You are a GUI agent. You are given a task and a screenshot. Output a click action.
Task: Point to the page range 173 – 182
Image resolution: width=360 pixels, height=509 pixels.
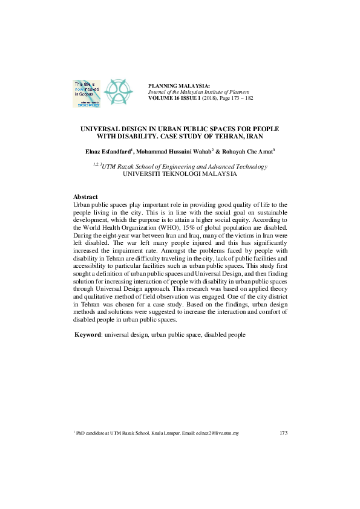238,97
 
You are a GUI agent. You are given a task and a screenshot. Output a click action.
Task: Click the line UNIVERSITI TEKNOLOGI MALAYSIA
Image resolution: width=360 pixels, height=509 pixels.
180,173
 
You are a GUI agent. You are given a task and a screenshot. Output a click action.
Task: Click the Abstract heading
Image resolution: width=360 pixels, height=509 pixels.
85,197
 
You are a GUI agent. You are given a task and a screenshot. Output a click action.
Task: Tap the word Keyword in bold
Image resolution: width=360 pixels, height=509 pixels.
87,335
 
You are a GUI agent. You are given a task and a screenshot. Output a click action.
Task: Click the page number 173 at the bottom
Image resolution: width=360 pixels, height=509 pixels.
283,433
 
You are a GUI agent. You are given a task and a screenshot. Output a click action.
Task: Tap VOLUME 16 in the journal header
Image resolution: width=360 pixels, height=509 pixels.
164,97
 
